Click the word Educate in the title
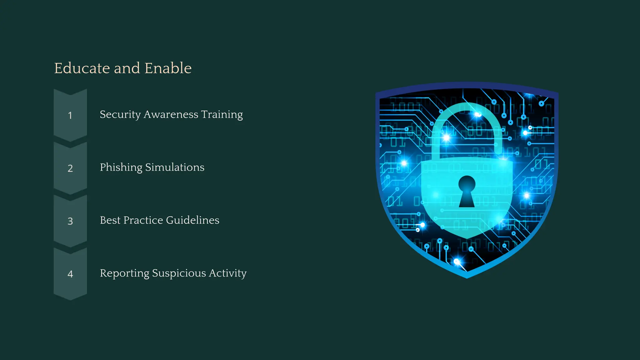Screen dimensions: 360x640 coord(82,68)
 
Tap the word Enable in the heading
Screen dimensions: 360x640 coord(168,68)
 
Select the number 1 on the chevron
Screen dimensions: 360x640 coord(70,116)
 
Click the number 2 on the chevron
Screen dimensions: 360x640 coord(70,168)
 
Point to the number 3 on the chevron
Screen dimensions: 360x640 coord(70,221)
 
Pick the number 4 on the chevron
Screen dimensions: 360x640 coord(70,274)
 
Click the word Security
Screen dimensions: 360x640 coord(120,115)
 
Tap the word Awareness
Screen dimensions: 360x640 coord(171,114)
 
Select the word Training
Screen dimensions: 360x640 coord(222,115)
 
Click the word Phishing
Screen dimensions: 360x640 coord(121,167)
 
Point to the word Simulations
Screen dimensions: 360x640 coord(175,167)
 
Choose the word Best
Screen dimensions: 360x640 coord(110,220)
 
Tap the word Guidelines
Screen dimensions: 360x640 coord(192,220)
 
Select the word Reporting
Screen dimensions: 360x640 coord(124,273)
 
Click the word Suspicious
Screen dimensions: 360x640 coord(179,273)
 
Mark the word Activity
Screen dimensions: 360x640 coord(228,273)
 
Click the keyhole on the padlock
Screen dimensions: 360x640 coord(467,191)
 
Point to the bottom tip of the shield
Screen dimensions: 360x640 coord(467,276)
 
